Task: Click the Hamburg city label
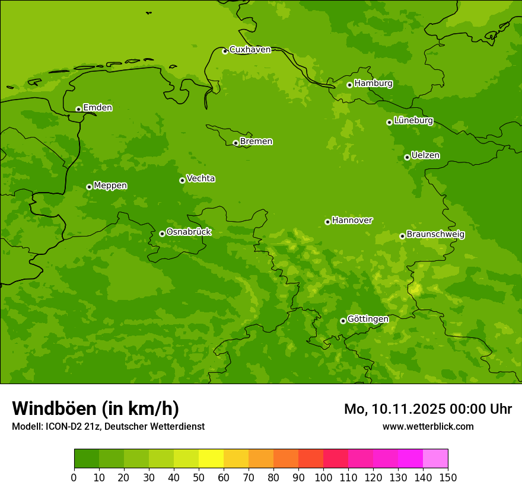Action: coord(373,84)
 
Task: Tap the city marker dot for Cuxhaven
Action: coord(225,51)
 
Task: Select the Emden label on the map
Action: coord(97,108)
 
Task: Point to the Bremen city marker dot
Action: coord(235,143)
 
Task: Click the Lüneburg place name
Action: coord(413,120)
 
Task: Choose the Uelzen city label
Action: coord(425,155)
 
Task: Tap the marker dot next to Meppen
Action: coord(89,187)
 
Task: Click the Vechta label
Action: coord(200,178)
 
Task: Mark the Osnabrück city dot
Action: coord(162,234)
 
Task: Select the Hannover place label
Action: coord(352,221)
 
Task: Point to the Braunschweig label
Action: coord(435,234)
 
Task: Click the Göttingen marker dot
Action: coord(343,321)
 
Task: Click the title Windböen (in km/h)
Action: coord(96,408)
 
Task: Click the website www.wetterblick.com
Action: coord(428,427)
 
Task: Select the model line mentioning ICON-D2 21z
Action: coord(108,427)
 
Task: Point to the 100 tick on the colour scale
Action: coord(323,477)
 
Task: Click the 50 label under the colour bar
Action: coord(199,477)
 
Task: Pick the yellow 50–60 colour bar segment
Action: coord(211,459)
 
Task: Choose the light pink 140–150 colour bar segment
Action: coord(435,459)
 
